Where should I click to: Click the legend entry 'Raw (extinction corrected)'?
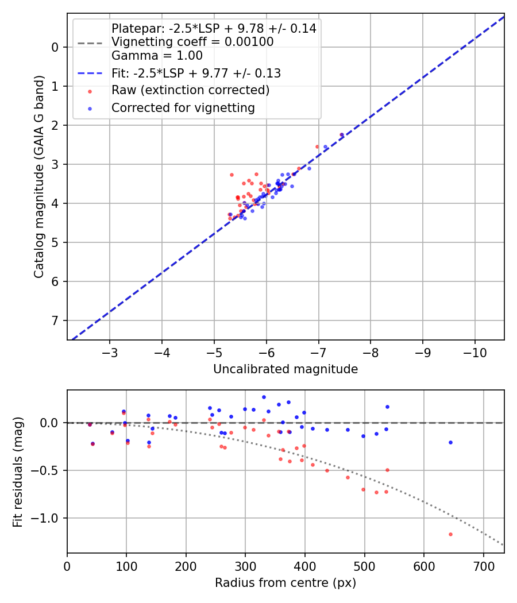190,90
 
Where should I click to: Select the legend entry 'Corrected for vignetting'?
183,107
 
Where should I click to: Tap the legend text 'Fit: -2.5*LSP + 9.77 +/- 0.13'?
196,73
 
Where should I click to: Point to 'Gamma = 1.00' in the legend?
157,56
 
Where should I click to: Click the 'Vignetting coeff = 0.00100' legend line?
192,42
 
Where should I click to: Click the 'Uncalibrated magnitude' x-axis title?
285,369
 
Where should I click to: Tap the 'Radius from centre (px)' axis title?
285,583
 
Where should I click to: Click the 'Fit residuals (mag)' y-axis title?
18,471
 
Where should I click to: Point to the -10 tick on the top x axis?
475,351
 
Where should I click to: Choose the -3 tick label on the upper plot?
110,351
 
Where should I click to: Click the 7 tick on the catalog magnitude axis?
56,320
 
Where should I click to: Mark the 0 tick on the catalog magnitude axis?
56,47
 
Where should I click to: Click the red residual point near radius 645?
450,534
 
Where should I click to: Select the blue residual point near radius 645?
450,442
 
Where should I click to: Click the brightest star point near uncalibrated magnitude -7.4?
342,135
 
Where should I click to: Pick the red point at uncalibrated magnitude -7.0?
317,146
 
